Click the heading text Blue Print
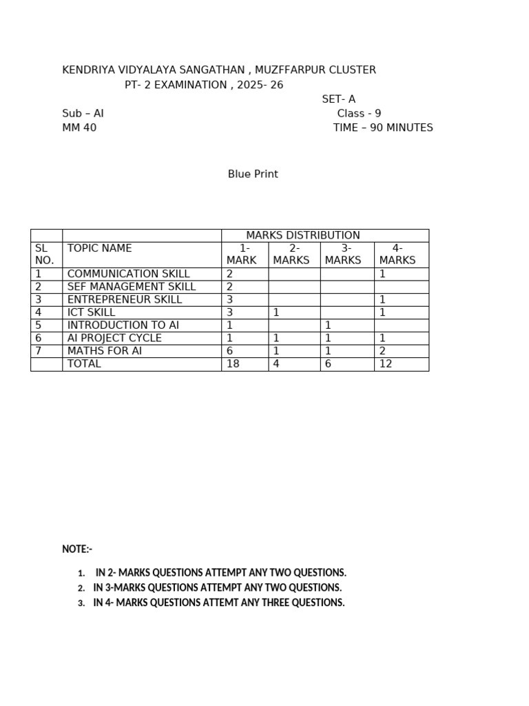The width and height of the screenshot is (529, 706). click(253, 174)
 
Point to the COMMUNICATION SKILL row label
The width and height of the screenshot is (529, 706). click(128, 274)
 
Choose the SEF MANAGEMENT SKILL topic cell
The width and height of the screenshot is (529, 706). click(132, 287)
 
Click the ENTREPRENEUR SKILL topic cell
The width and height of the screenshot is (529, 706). click(125, 300)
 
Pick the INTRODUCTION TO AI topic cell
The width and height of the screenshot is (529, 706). click(123, 325)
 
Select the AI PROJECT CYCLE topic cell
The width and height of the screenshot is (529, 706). click(114, 339)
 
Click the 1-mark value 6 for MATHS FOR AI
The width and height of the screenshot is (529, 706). click(230, 351)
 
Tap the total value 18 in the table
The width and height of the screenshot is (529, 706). click(233, 364)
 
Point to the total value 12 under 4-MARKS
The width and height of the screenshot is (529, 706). click(386, 364)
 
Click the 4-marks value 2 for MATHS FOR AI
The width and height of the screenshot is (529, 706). click(382, 351)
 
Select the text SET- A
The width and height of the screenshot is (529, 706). click(339, 99)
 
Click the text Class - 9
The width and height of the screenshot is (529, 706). click(359, 114)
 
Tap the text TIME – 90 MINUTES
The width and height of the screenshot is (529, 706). click(383, 128)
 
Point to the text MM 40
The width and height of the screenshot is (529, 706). click(79, 128)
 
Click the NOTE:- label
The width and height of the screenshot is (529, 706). click(77, 549)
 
